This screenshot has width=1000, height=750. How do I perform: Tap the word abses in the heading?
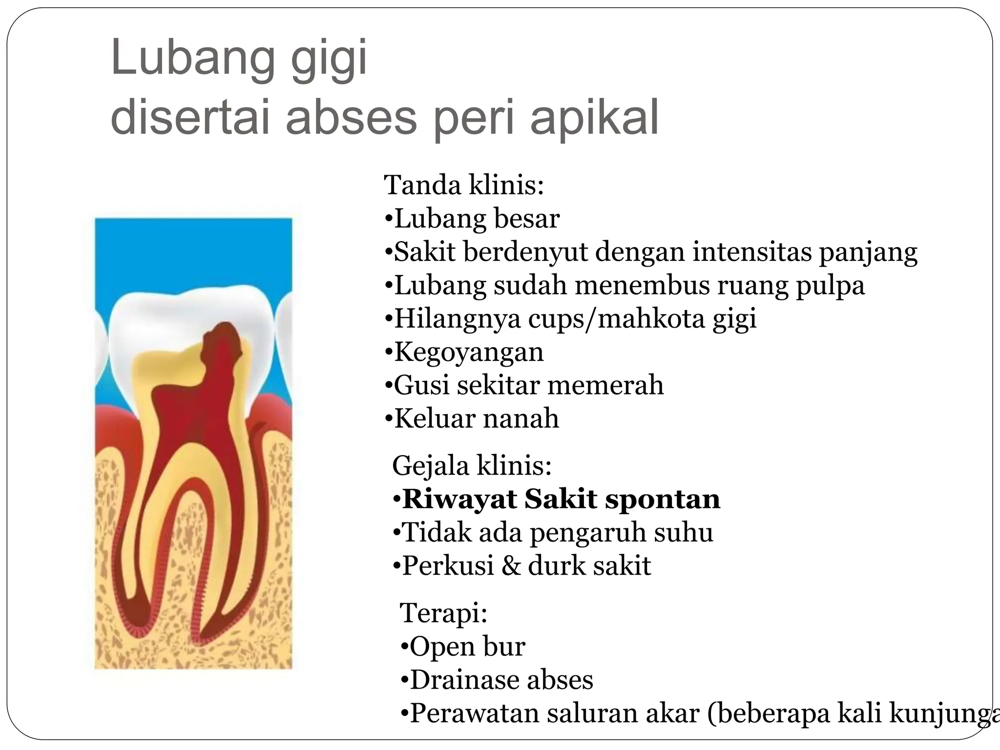351,118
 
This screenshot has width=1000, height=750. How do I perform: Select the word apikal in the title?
594,118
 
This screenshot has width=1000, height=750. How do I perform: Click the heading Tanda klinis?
464,185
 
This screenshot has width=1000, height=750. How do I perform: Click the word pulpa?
830,286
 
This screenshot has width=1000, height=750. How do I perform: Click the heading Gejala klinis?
472,465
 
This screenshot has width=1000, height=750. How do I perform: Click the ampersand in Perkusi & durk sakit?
511,565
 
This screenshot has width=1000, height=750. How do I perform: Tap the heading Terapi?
443,613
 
